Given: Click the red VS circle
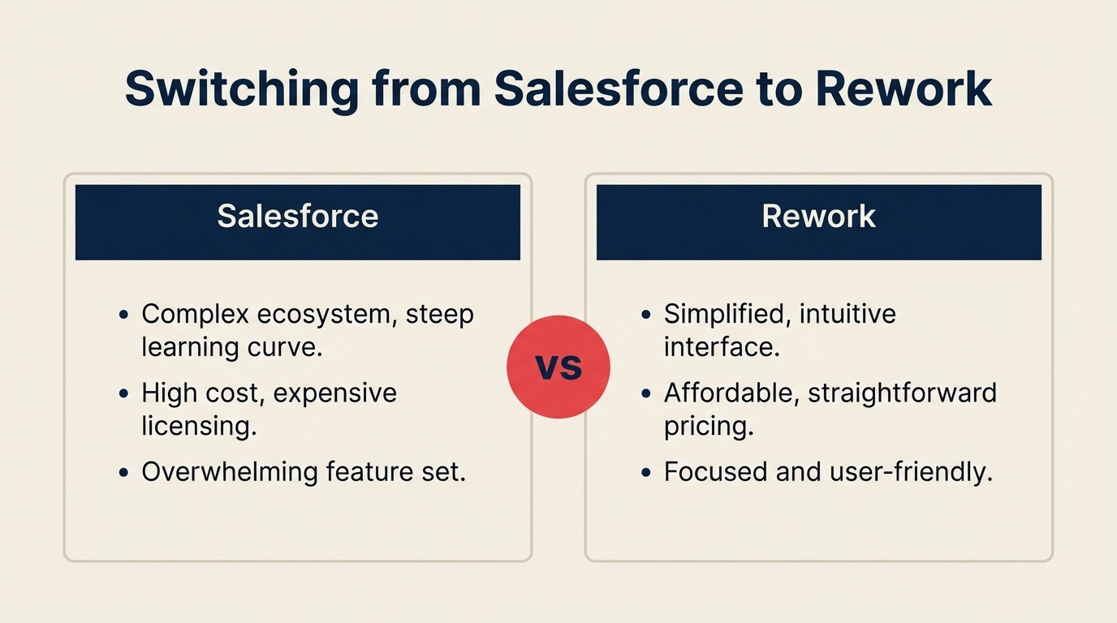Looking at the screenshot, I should (x=558, y=367).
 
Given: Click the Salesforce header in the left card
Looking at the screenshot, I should (x=297, y=217).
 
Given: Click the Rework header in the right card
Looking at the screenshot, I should (x=818, y=217).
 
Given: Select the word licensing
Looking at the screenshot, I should (x=199, y=426).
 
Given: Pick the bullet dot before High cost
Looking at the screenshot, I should (x=123, y=393).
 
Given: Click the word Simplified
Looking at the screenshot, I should (x=727, y=314).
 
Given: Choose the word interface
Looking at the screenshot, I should (x=722, y=346).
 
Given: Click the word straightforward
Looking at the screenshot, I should (x=902, y=393).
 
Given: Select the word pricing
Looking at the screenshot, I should (x=709, y=426).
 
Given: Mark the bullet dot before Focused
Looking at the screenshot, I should (x=646, y=472).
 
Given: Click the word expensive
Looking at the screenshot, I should (x=334, y=393).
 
